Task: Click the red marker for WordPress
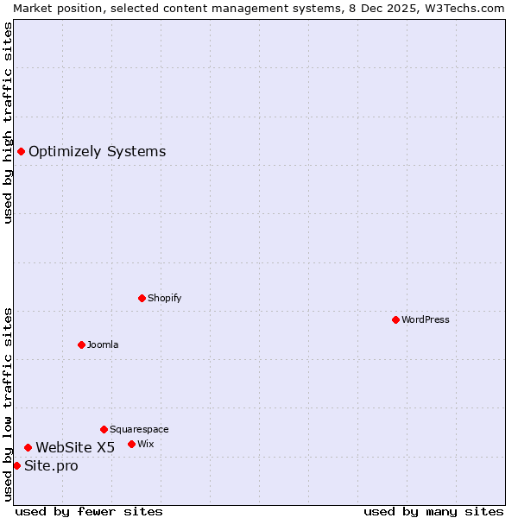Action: [395, 319]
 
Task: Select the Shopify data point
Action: [142, 298]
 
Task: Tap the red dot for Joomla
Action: [81, 344]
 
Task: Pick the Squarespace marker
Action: [104, 429]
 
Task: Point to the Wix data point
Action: [131, 444]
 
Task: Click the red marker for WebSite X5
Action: [28, 447]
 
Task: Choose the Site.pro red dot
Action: [16, 465]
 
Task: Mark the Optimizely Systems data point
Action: [21, 151]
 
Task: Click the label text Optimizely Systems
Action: [97, 152]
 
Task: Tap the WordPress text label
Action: [426, 319]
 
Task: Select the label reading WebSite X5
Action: [75, 447]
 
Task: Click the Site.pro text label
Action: [51, 466]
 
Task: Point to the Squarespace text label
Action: [139, 429]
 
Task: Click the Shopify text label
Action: [164, 298]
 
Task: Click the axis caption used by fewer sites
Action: [89, 511]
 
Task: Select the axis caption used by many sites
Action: [433, 511]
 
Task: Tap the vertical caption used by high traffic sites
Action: [8, 123]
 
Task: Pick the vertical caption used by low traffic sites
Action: [8, 404]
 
